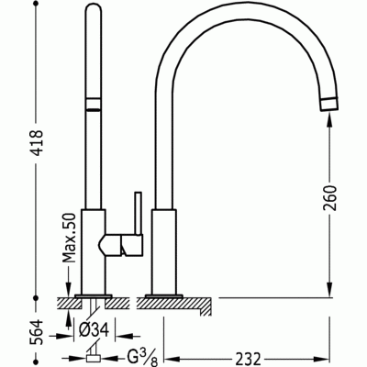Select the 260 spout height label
[x=329, y=198]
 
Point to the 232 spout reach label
[x=248, y=359]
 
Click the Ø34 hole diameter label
[x=94, y=330]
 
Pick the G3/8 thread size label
[x=142, y=358]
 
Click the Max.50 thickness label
[x=69, y=239]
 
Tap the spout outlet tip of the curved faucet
[x=329, y=104]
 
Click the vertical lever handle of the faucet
[x=139, y=213]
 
